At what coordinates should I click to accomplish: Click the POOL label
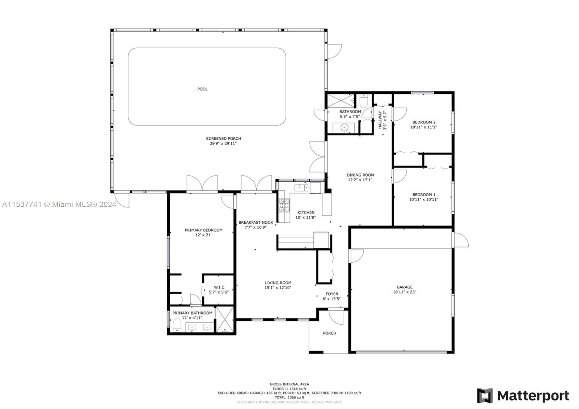pyautogui.click(x=202, y=89)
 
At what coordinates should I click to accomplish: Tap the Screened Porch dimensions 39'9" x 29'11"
pyautogui.click(x=223, y=143)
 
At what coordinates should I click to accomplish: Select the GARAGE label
pyautogui.click(x=405, y=287)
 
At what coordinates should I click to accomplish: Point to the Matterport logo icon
pyautogui.click(x=485, y=396)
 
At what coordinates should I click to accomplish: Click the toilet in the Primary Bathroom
pyautogui.click(x=177, y=325)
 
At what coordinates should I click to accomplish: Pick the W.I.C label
pyautogui.click(x=219, y=287)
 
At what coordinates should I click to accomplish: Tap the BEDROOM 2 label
pyautogui.click(x=424, y=122)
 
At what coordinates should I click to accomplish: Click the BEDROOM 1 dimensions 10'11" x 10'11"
pyautogui.click(x=424, y=199)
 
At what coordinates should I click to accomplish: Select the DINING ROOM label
pyautogui.click(x=360, y=175)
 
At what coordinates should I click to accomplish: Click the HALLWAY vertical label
pyautogui.click(x=380, y=120)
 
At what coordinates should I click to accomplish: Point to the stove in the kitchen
pyautogui.click(x=284, y=205)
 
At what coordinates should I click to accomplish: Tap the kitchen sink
pyautogui.click(x=301, y=187)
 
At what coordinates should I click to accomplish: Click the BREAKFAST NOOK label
pyautogui.click(x=255, y=222)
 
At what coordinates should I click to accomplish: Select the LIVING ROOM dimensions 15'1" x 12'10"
pyautogui.click(x=278, y=287)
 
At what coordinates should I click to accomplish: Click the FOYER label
pyautogui.click(x=332, y=294)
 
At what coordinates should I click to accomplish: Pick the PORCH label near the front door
pyautogui.click(x=330, y=333)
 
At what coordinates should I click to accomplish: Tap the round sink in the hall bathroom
pyautogui.click(x=344, y=127)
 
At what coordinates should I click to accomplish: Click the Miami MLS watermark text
pyautogui.click(x=59, y=204)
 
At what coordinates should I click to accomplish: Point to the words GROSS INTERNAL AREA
pyautogui.click(x=289, y=384)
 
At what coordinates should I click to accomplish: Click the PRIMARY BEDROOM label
pyautogui.click(x=203, y=230)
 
